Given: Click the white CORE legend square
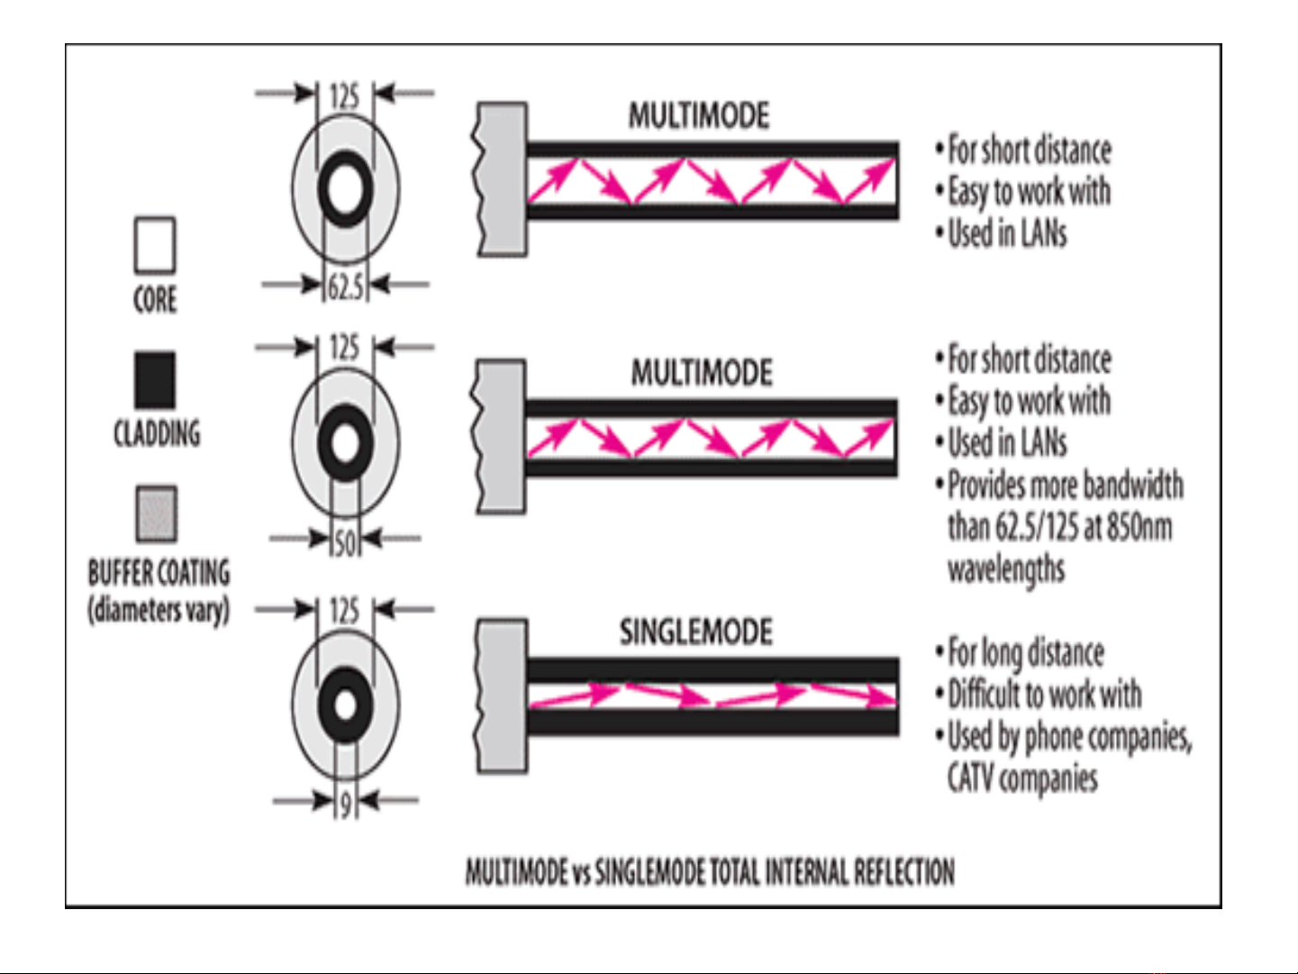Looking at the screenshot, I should (x=155, y=244).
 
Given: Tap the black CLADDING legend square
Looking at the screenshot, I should (x=155, y=379).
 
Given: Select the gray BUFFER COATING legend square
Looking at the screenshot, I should (x=156, y=514).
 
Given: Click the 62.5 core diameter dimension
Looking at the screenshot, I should (x=344, y=287).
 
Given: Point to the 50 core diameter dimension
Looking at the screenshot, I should (x=345, y=542).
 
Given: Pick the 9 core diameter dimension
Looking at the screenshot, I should (x=345, y=802).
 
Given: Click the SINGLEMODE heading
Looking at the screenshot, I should (x=695, y=632).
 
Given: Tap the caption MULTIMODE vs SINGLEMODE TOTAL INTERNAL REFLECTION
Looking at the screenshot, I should (x=710, y=872).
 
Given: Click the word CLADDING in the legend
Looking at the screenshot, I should (x=157, y=433).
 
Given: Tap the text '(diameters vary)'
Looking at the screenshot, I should (x=159, y=610).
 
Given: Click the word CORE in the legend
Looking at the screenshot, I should (x=155, y=299).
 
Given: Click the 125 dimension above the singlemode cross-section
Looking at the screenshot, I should (x=344, y=611).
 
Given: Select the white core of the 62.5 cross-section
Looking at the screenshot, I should (x=345, y=189).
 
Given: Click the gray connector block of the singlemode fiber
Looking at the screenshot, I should (x=502, y=695).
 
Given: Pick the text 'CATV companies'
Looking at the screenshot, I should (x=1022, y=777).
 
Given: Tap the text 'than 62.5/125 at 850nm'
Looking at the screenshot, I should (x=1059, y=526).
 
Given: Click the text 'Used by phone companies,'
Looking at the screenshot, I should (x=1069, y=736).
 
